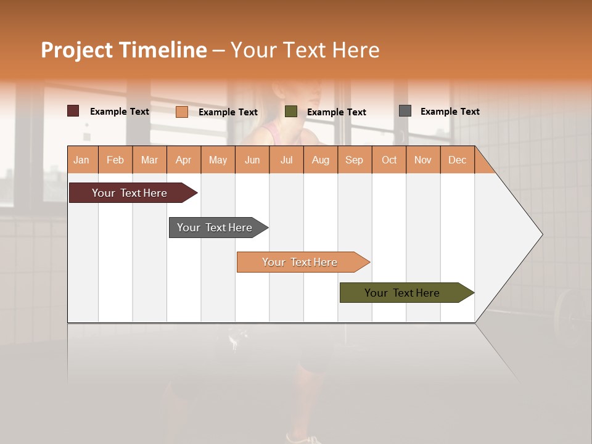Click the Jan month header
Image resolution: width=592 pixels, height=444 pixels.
(x=82, y=160)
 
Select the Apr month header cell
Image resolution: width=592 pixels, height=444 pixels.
(x=184, y=160)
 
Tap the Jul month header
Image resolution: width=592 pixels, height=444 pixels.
(x=286, y=160)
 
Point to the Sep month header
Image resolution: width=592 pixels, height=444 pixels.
(x=355, y=160)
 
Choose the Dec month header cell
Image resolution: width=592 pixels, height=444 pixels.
(x=457, y=160)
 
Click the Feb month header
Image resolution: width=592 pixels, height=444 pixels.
(x=115, y=160)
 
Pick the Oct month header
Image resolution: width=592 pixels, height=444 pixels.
(x=389, y=160)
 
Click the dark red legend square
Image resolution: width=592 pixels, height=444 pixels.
(x=73, y=111)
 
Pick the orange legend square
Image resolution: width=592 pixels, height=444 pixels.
(x=182, y=112)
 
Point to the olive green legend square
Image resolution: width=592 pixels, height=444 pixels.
(x=291, y=112)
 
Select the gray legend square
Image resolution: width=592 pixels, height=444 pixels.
(x=405, y=111)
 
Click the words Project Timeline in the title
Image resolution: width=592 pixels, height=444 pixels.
(x=124, y=50)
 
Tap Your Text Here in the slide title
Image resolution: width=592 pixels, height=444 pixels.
(x=305, y=50)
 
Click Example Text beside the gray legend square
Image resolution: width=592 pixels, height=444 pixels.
(x=450, y=111)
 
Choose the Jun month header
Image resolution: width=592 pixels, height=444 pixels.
(x=252, y=160)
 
